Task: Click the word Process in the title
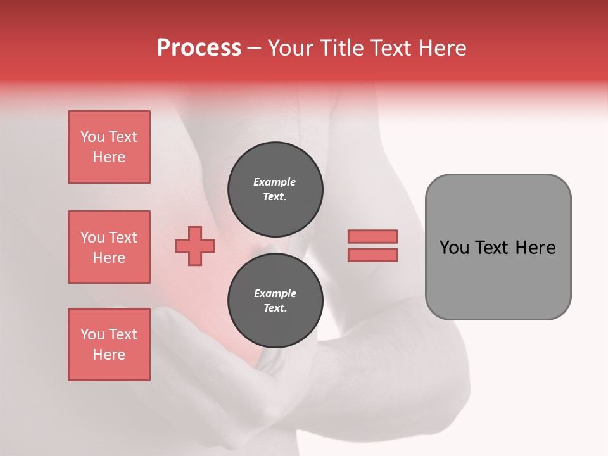199,48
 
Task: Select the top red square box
109,147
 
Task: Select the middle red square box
109,247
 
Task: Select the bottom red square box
109,345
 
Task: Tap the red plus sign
195,246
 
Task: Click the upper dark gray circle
275,189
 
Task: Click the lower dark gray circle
275,300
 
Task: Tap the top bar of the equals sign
372,237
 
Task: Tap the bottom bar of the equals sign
372,255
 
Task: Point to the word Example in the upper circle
275,182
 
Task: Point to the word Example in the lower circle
275,293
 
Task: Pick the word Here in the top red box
109,157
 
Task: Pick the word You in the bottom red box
92,334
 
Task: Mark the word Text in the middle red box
123,237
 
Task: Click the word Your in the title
289,48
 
